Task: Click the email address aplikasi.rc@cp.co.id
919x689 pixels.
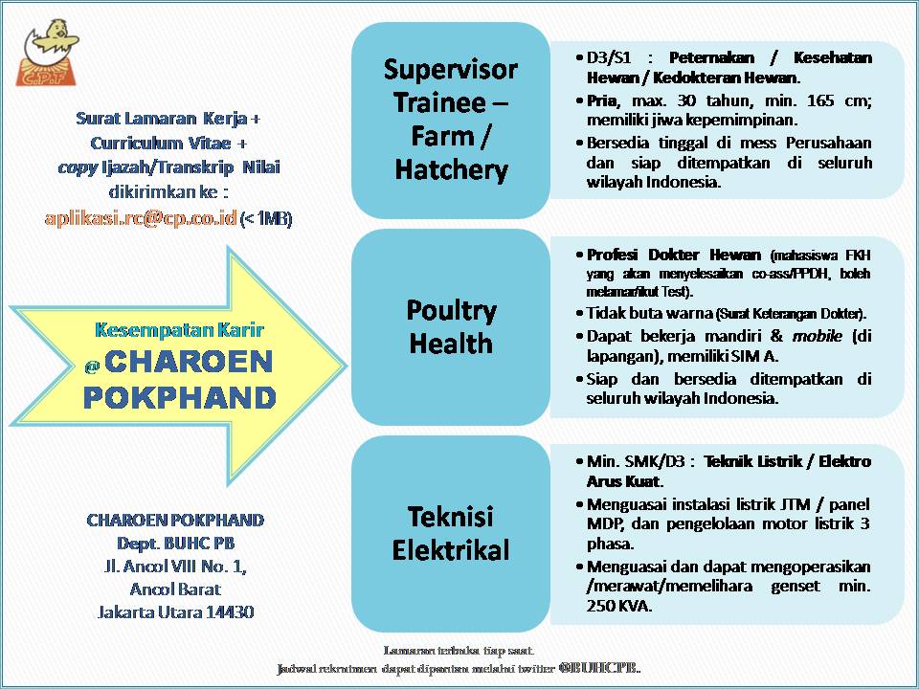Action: point(141,218)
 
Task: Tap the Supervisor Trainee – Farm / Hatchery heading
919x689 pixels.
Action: point(451,120)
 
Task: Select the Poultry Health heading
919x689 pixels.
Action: point(451,326)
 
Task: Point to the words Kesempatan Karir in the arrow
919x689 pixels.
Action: point(179,330)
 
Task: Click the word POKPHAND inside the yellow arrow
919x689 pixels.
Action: point(179,397)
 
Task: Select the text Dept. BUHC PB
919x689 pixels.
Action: point(174,544)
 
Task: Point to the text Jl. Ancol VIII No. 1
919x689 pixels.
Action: point(174,567)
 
